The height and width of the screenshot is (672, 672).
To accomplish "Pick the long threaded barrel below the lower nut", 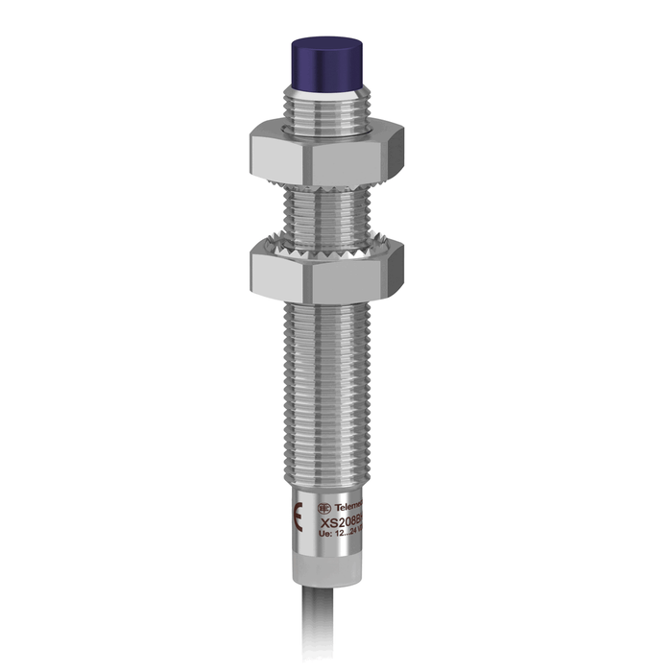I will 326,384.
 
